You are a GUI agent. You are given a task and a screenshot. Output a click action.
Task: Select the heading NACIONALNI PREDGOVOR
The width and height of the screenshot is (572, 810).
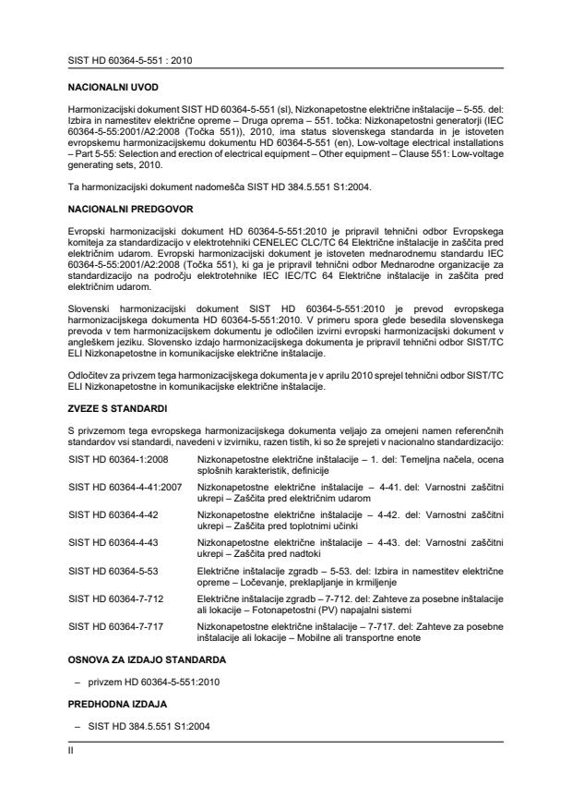point(123,211)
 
